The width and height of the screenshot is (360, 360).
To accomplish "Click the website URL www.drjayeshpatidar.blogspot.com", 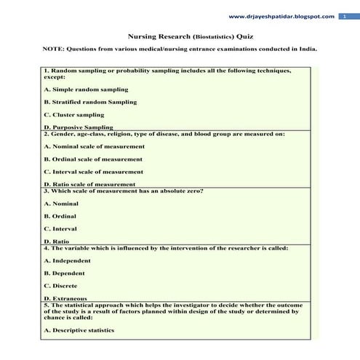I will pos(281,16).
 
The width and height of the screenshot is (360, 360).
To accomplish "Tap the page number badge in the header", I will pos(345,16).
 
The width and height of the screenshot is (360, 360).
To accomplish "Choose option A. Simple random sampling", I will pos(86,89).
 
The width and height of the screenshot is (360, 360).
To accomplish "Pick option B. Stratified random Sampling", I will pos(90,102).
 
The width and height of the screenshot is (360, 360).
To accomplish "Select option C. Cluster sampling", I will pos(74,115).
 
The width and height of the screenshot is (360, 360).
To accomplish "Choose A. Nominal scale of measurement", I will pos(94,146).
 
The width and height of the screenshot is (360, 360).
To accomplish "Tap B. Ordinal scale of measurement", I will pos(93,159).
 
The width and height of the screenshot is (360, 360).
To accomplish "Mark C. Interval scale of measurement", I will pos(94,172).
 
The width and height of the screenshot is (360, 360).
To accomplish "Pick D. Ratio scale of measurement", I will pos(89,184).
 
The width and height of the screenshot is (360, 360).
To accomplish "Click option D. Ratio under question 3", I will pos(57,241).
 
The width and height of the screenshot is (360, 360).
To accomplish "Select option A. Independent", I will pos(68,260).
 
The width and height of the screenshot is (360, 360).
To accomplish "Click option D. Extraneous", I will pos(65,298).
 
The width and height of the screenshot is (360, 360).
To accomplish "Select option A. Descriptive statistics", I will pos(79,330).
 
